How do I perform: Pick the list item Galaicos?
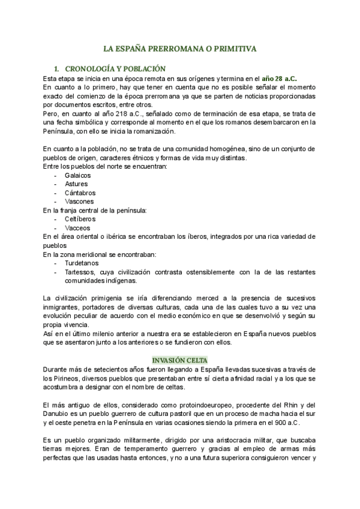pyautogui.click(x=78, y=175)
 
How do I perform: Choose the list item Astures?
pyautogui.click(x=76, y=184)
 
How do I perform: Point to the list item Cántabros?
pyautogui.click(x=80, y=193)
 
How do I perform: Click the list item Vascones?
pyautogui.click(x=79, y=202)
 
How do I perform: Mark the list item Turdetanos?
pyautogui.click(x=82, y=263)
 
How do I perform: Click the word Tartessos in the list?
pyautogui.click(x=81, y=272)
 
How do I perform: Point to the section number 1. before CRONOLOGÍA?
pyautogui.click(x=57, y=69)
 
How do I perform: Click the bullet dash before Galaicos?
pyautogui.click(x=56, y=175)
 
